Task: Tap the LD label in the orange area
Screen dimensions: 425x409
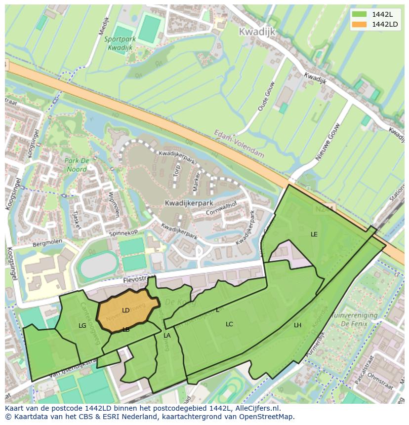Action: point(125,310)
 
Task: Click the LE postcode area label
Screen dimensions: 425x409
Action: point(314,234)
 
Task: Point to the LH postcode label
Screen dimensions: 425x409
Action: point(297,325)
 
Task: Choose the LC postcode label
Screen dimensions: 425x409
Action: point(229,324)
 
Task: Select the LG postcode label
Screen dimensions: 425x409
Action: point(82,326)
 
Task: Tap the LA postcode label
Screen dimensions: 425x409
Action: point(167,336)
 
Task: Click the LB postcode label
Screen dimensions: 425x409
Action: point(126,330)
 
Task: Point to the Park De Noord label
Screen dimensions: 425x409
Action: point(76,165)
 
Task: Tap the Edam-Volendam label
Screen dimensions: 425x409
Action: point(240,144)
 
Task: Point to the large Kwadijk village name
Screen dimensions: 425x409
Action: point(257,32)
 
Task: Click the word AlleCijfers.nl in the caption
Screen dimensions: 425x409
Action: point(256,408)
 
